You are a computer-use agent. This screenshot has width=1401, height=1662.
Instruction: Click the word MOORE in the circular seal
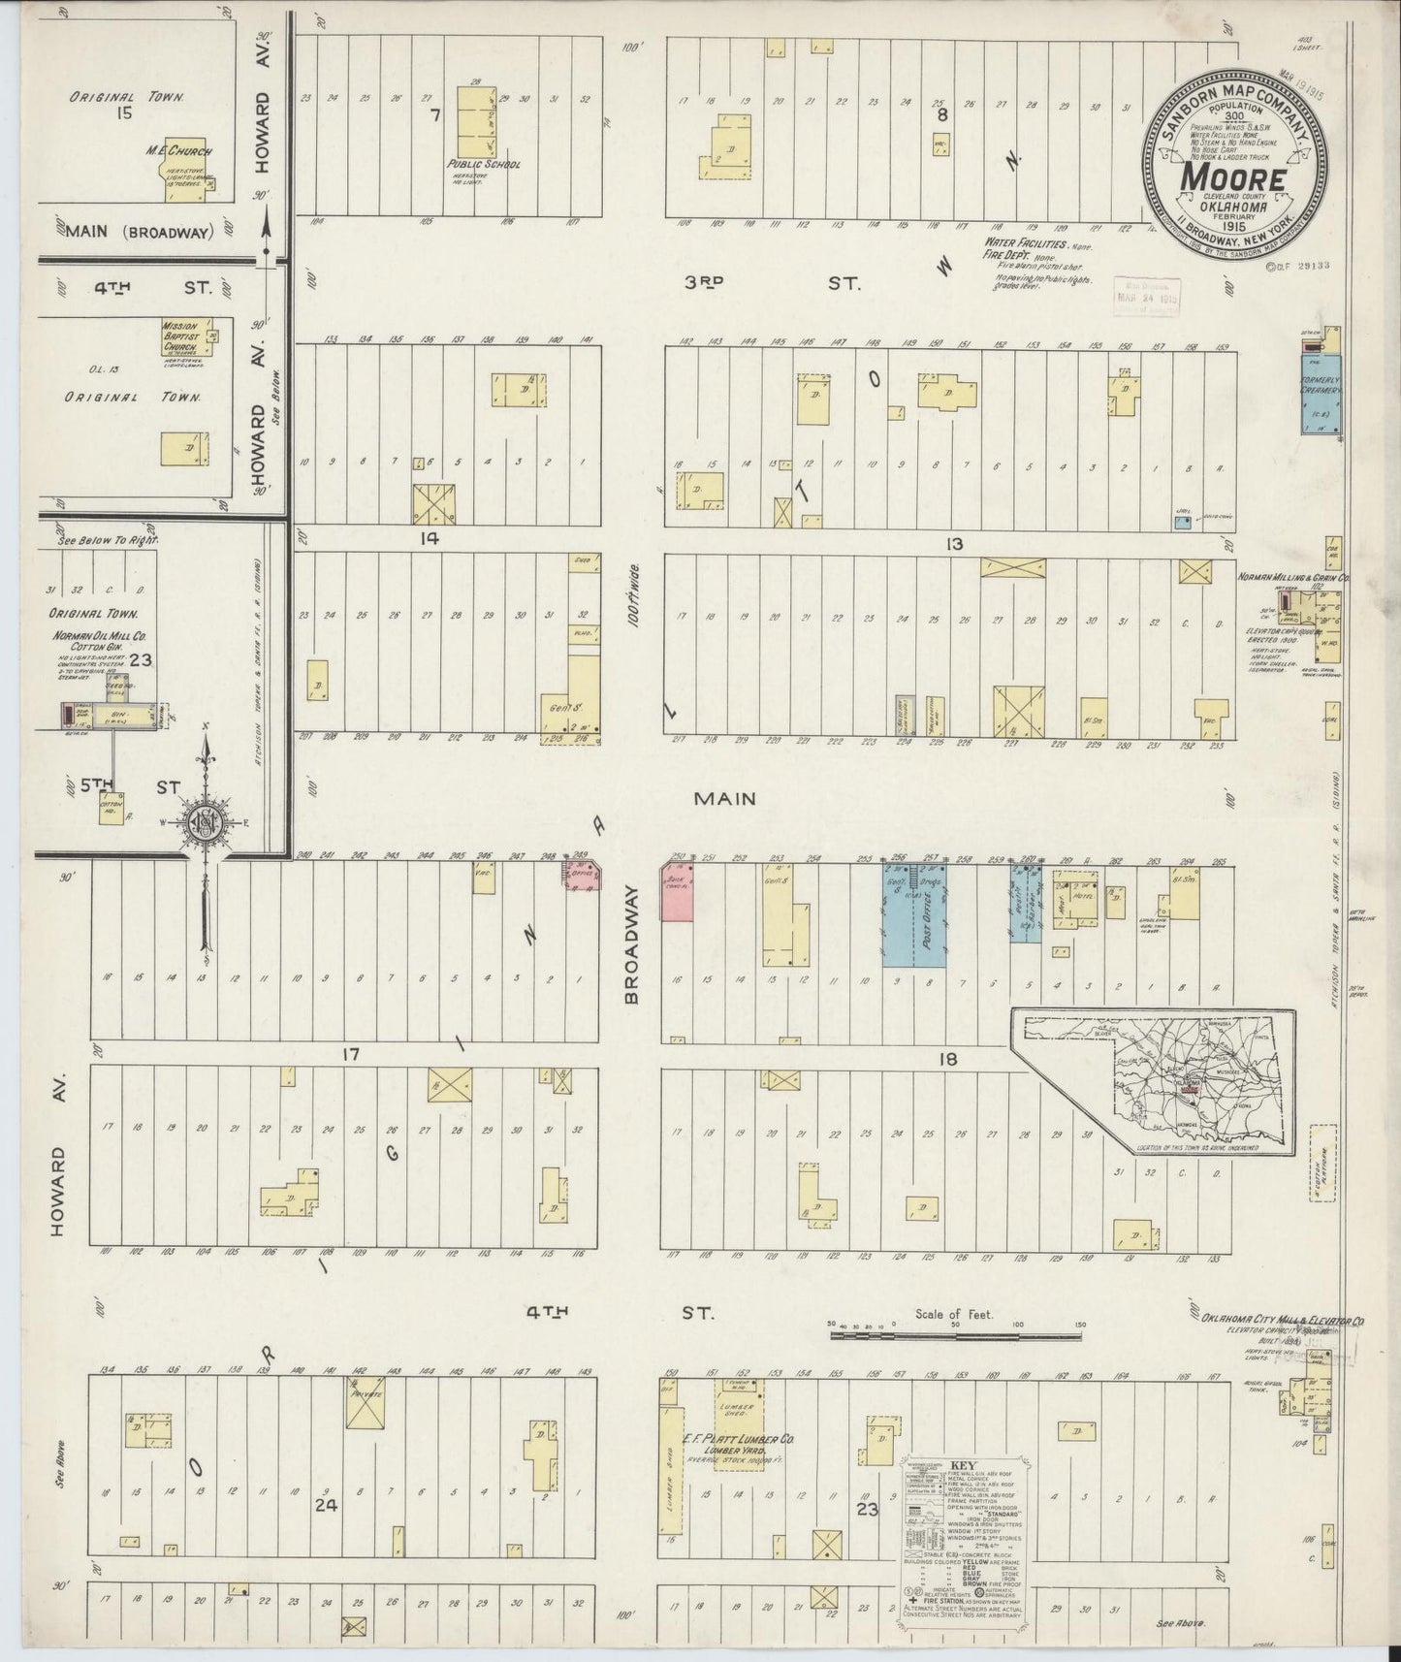point(1232,179)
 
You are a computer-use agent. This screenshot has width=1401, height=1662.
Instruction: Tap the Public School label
point(484,165)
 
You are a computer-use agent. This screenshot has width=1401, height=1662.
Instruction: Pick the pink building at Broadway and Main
point(680,890)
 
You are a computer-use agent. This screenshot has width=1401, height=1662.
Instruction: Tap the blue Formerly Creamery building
point(1320,397)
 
